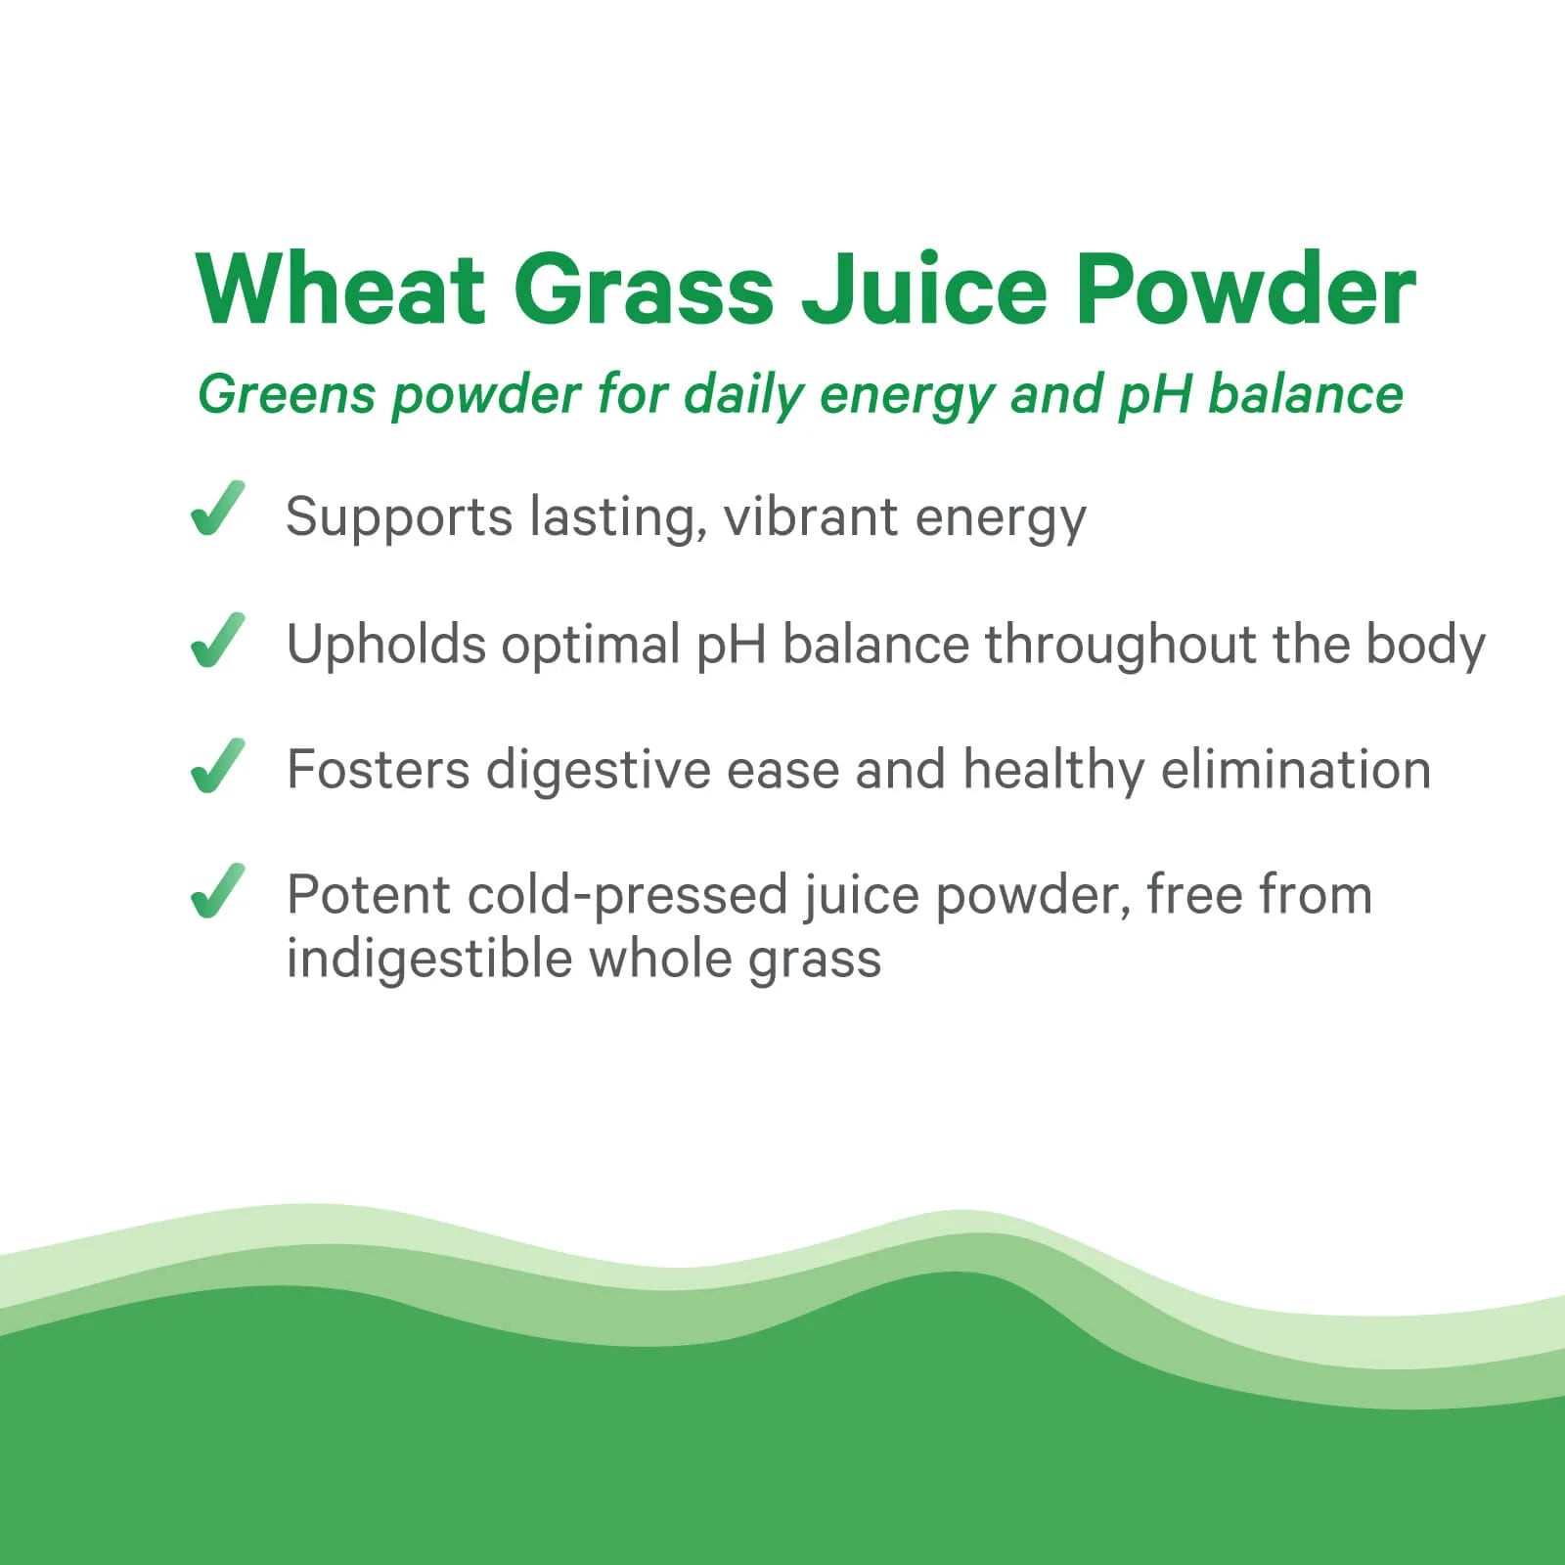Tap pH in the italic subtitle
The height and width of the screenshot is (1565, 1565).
tap(1154, 395)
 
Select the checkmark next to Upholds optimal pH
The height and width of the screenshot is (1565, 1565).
tap(217, 640)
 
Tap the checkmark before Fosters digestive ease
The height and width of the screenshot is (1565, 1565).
tap(217, 765)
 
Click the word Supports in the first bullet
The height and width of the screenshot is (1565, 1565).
tap(398, 517)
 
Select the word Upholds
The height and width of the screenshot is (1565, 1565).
tap(385, 646)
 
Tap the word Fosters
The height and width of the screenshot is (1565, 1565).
tap(379, 769)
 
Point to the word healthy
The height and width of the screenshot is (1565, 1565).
tap(1052, 770)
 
